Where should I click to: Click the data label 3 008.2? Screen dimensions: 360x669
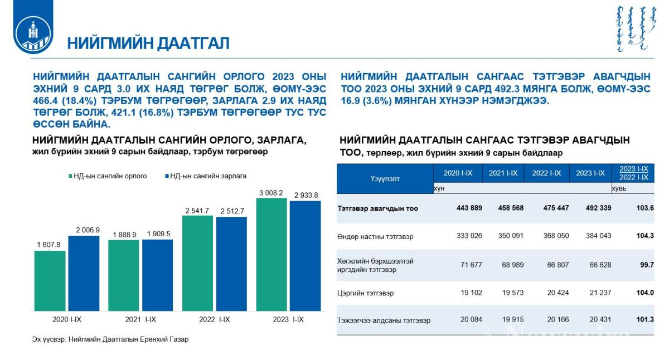click(271, 193)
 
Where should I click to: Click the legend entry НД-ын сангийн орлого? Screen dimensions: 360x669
click(107, 176)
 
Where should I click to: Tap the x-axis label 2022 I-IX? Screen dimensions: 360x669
click(214, 319)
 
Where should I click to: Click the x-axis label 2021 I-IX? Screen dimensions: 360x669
click(140, 319)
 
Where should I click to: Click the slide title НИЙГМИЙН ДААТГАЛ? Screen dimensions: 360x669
click(148, 43)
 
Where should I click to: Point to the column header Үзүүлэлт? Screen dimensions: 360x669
click(385, 178)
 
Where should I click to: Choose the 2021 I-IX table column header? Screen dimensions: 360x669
click(503, 173)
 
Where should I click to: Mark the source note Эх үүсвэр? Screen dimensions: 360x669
click(110, 339)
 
